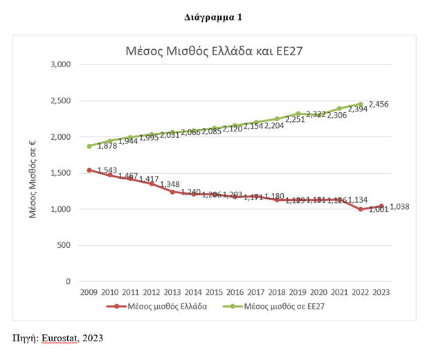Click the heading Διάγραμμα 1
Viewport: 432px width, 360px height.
pos(215,16)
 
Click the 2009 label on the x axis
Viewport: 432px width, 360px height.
pos(88,292)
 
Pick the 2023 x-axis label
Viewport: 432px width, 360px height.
pos(380,292)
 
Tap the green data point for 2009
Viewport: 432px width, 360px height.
pos(89,146)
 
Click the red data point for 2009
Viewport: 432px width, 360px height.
pos(89,170)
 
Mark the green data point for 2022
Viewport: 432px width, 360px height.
pos(360,105)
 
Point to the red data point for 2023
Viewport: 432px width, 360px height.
pos(381,206)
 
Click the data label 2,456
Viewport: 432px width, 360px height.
pos(379,105)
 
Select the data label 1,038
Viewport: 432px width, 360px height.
pos(400,206)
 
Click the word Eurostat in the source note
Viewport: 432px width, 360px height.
pos(60,338)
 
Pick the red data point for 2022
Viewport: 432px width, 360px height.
pos(360,209)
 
